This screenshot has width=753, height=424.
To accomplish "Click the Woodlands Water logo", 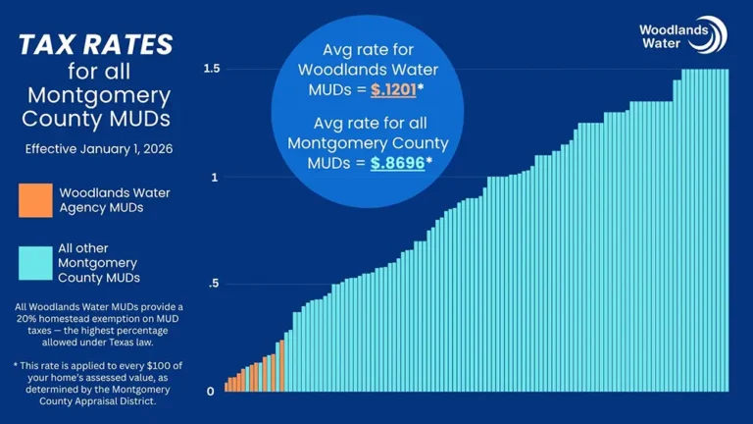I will [682, 35].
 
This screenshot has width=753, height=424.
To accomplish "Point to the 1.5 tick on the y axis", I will [211, 69].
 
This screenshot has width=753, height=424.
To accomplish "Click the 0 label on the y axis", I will [212, 392].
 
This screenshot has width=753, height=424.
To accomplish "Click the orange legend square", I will [35, 200].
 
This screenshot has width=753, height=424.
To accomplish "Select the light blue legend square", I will [35, 263].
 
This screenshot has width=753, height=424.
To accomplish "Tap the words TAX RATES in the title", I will [96, 44].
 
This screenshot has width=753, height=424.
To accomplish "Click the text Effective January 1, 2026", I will [96, 149].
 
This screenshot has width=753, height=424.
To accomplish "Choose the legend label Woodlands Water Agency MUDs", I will [114, 200].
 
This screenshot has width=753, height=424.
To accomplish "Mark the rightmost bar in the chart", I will [725, 231].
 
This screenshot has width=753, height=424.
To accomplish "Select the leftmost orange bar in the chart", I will [226, 387].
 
